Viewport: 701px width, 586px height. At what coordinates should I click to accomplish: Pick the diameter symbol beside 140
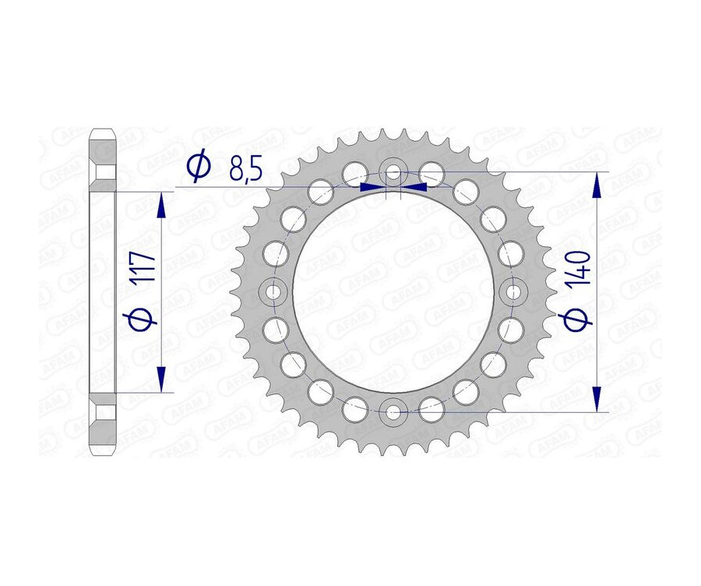(579, 318)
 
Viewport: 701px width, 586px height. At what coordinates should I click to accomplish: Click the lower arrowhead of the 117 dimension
(161, 379)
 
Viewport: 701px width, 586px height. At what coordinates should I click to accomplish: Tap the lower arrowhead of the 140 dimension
(597, 397)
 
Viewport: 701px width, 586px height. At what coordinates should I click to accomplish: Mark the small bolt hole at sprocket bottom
(393, 411)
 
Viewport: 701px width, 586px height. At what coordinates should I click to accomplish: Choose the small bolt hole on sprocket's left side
(273, 291)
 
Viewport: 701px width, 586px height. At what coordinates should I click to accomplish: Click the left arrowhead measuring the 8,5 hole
(372, 187)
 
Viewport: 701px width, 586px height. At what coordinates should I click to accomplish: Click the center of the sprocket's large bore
(393, 291)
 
